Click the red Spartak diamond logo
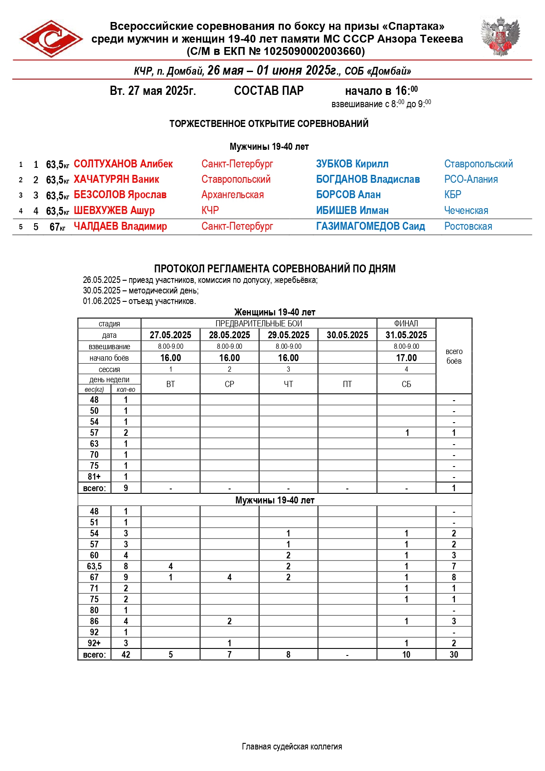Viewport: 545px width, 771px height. [x=51, y=39]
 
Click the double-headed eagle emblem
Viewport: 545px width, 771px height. [x=500, y=37]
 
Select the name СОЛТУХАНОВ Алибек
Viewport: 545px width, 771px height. [x=123, y=164]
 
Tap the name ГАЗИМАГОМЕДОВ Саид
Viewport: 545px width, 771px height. [x=370, y=226]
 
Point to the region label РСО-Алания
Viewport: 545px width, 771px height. [x=471, y=179]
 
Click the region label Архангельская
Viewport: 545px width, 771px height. [x=232, y=195]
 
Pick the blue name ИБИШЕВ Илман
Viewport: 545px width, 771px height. [x=352, y=210]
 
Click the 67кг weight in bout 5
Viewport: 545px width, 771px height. [x=57, y=227]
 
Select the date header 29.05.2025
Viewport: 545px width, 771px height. [x=288, y=335]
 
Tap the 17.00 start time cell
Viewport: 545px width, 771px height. [x=406, y=358]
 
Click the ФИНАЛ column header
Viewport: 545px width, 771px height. [x=406, y=323]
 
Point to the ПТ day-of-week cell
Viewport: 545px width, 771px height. [x=347, y=384]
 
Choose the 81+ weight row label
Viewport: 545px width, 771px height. [x=94, y=477]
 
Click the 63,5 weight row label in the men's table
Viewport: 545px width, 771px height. [x=94, y=566]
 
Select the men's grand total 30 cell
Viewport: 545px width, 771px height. [x=454, y=655]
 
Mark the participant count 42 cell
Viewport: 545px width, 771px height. [x=126, y=655]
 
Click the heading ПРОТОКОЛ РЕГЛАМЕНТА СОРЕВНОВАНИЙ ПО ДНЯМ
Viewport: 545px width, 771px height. [x=274, y=268]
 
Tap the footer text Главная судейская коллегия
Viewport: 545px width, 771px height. [x=292, y=746]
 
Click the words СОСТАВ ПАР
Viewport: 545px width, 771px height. [x=269, y=91]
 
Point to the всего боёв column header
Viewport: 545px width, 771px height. [x=454, y=356]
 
